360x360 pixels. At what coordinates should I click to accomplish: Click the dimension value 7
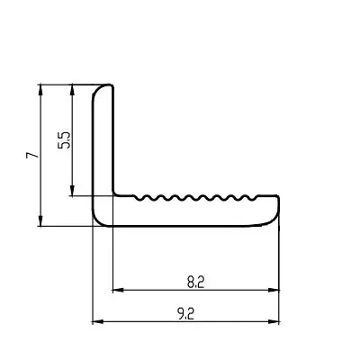(x=32, y=155)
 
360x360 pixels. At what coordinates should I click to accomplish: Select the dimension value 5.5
(x=65, y=140)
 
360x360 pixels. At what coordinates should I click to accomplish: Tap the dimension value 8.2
(x=195, y=283)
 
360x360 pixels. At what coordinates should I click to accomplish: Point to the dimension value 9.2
(x=186, y=314)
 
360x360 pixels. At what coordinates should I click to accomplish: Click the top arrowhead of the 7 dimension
(x=40, y=90)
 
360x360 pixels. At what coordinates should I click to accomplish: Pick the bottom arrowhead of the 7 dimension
(x=40, y=220)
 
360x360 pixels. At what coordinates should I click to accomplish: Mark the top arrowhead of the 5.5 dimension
(x=72, y=90)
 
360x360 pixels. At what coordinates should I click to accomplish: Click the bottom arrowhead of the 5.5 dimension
(x=72, y=191)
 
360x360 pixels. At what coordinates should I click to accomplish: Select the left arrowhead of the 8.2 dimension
(x=118, y=290)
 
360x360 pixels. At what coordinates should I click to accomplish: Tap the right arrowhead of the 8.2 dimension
(x=274, y=290)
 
